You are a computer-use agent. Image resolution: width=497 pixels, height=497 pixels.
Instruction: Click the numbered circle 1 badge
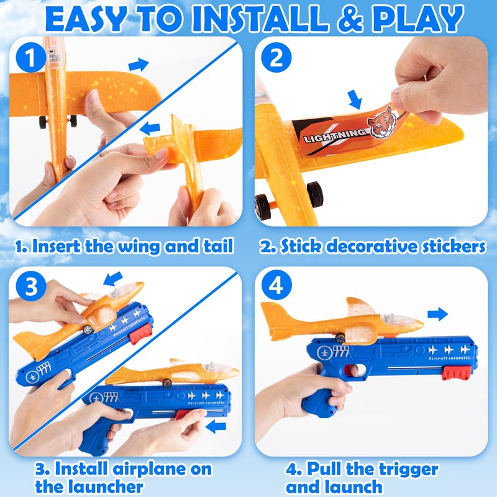30,57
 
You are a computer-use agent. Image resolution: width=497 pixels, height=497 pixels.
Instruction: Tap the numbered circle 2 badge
276,57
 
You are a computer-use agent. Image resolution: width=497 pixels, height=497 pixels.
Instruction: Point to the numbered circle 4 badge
276,286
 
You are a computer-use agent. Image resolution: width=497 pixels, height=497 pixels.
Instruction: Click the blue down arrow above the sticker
355,99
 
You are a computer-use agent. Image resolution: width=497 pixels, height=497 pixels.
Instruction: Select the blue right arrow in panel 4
438,314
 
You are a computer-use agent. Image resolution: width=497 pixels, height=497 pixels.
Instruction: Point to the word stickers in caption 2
454,246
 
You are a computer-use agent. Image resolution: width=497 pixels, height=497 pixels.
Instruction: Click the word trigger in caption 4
409,469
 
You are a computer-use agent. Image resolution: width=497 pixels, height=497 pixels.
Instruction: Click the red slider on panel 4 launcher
456,373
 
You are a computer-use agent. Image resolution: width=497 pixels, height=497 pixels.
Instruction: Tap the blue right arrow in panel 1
139,65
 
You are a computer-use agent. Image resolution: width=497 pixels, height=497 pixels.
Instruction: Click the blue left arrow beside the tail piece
150,129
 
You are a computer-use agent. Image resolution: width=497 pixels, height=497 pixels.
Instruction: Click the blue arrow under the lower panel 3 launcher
216,426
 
